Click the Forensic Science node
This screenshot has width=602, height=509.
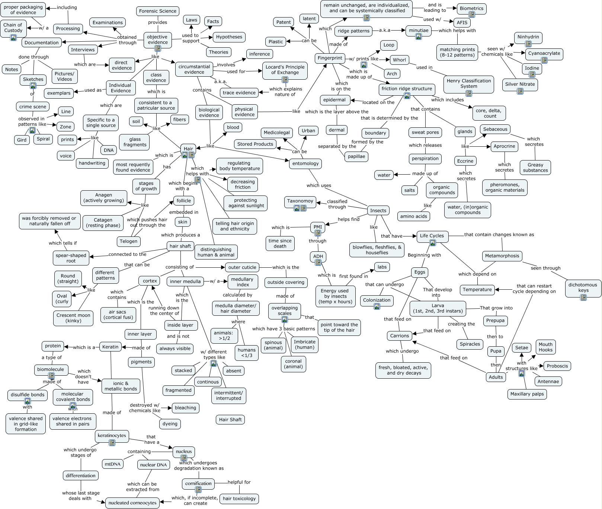tap(157, 11)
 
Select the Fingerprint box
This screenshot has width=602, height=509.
tap(330, 58)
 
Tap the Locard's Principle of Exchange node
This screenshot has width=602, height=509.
tap(285, 70)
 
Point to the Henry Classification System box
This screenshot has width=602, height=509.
tap(468, 83)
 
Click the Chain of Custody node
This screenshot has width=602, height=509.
tap(13, 28)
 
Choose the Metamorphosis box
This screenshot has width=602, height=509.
tap(502, 256)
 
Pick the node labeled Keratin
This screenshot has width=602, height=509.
tap(110, 347)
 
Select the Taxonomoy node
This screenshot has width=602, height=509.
tap(300, 201)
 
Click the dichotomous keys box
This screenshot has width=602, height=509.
tap(583, 287)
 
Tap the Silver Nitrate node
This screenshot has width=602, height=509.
tap(520, 84)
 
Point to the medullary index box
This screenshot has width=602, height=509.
tap(243, 282)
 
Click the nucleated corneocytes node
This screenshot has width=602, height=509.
tap(132, 503)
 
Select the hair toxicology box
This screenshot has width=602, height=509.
tap(239, 499)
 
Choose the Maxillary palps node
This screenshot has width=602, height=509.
tap(527, 394)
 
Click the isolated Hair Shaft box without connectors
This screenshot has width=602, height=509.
tap(230, 420)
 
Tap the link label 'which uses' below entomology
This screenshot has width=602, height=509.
tap(318, 185)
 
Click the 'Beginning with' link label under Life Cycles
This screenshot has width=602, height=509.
tap(424, 255)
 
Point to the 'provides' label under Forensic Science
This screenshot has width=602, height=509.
tap(157, 22)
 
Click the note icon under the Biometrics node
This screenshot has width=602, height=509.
tap(472, 15)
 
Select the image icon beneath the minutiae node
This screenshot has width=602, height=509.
tap(419, 36)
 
